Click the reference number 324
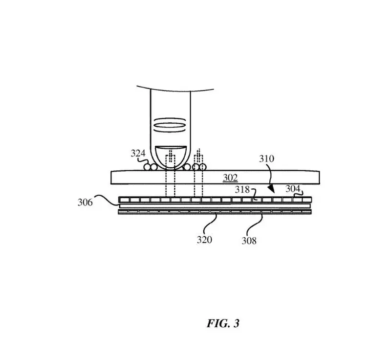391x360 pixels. coord(138,153)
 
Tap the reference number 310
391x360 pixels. coord(266,158)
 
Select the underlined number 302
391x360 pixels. coord(230,178)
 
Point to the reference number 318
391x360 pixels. coord(242,190)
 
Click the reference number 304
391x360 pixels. coord(293,189)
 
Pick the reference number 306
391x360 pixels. coord(85,202)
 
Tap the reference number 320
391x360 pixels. coord(204,240)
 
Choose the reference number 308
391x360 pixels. coord(249,241)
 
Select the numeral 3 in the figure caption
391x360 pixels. coord(236,323)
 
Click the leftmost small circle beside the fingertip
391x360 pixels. coord(147,167)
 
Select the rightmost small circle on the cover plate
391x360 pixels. coord(203,167)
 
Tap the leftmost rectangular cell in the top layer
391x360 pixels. coord(125,200)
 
